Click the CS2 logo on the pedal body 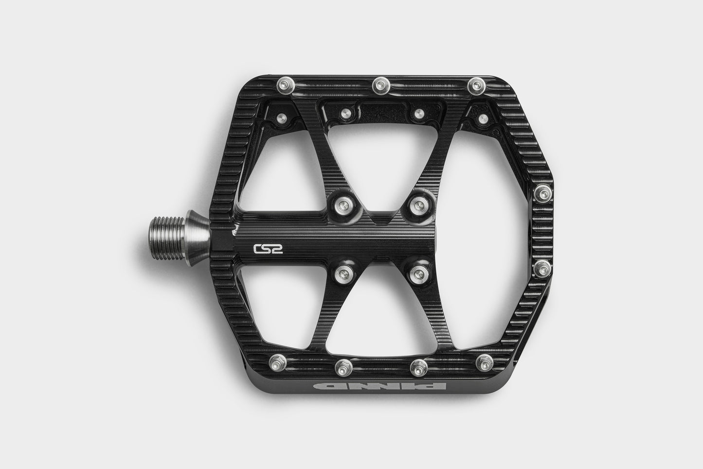(x=268, y=249)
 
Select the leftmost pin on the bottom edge (x=278, y=362)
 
